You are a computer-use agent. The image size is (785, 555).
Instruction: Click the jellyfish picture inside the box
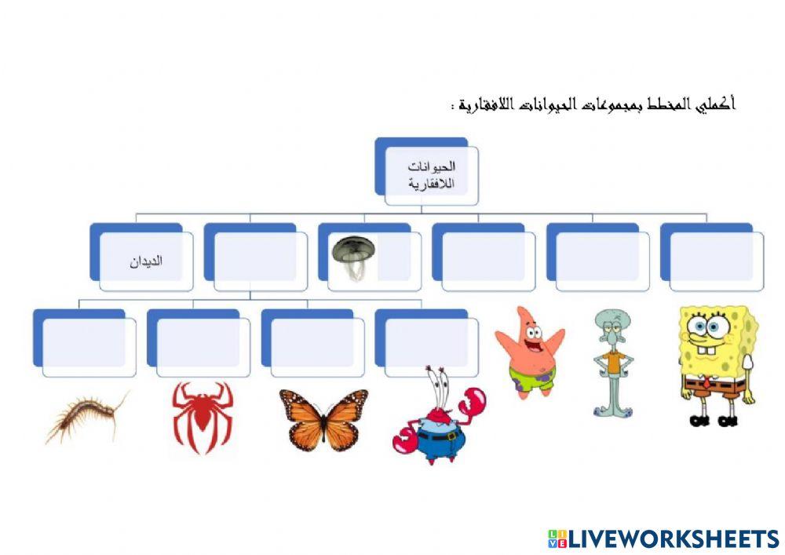(x=353, y=255)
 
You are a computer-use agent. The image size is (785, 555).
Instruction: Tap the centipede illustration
(x=87, y=419)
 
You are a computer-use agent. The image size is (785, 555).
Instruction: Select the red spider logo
(x=203, y=416)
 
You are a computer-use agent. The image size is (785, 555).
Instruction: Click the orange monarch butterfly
(x=323, y=419)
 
